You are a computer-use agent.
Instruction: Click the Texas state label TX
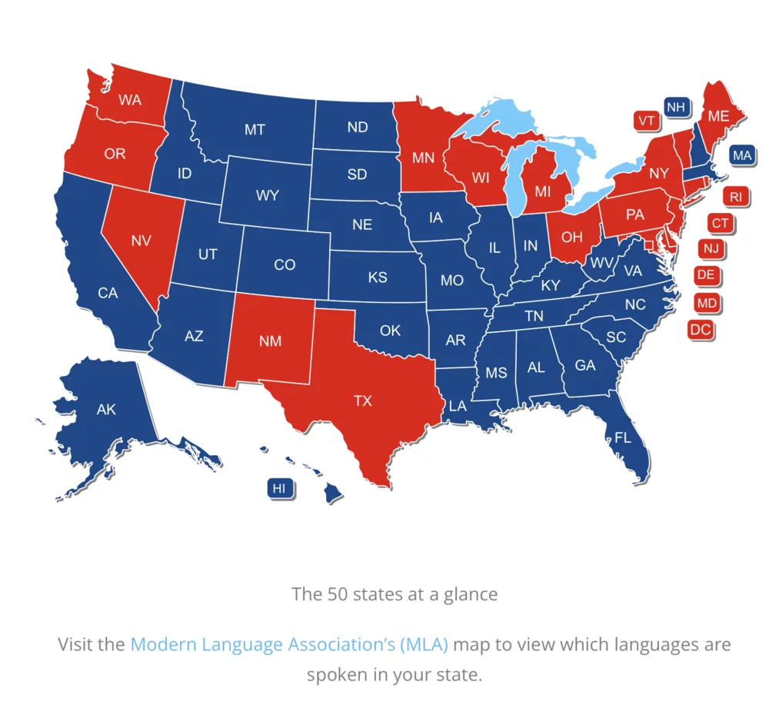(362, 401)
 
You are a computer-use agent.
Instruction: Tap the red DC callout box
(701, 330)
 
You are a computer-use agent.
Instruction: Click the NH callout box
(676, 107)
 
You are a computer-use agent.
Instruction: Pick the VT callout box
(646, 120)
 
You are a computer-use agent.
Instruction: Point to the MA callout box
(742, 155)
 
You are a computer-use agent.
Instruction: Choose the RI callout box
(736, 197)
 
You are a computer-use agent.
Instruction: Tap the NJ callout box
(711, 248)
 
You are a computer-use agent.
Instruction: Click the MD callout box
(707, 303)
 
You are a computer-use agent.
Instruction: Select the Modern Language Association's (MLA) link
(289, 643)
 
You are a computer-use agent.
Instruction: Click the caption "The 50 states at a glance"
(394, 594)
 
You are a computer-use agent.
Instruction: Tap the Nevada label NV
(140, 241)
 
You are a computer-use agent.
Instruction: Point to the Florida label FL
(623, 438)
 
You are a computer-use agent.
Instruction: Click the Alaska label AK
(106, 409)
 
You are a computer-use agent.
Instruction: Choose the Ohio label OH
(572, 237)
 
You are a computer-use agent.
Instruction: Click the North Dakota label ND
(358, 127)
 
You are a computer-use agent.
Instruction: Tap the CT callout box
(720, 224)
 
